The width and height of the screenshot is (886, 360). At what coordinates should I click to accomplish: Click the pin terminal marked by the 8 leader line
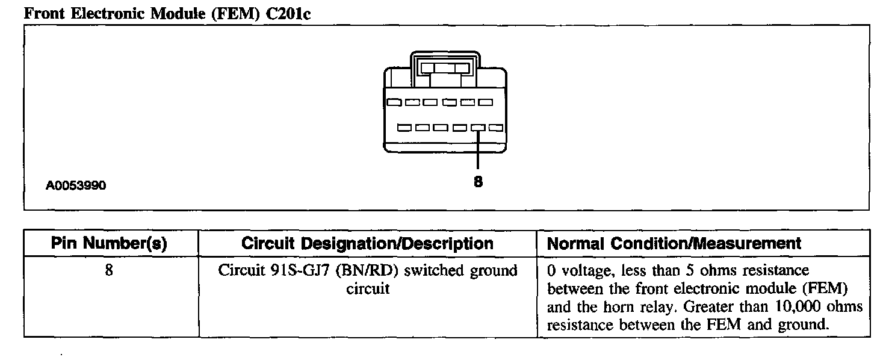pos(478,128)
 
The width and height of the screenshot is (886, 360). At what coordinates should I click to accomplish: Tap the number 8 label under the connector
pos(478,181)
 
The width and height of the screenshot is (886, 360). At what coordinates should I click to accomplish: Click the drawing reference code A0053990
pos(76,185)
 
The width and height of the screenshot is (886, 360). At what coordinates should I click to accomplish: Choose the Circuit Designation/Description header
pos(367,243)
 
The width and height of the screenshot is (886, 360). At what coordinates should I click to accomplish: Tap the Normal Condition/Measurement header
pos(674,243)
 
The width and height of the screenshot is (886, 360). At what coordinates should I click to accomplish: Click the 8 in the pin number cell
pos(109,271)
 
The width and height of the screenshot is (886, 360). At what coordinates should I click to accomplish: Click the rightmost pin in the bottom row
pos(496,128)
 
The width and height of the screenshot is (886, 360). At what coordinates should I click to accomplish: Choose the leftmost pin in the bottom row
pos(404,128)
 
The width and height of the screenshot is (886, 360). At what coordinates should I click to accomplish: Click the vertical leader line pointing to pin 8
pos(478,151)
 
